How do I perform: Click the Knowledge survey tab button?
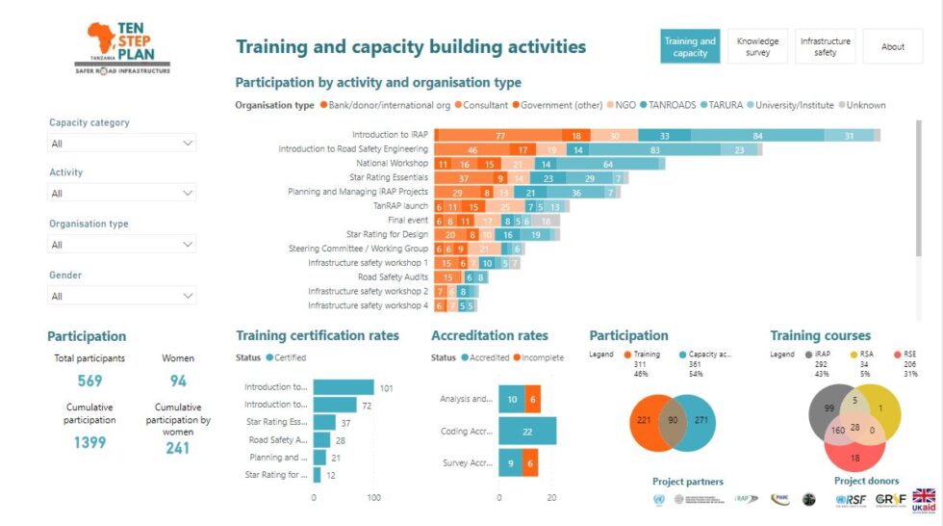[x=757, y=46]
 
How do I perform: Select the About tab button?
[x=892, y=46]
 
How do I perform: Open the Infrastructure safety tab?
[x=825, y=46]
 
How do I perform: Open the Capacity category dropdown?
[x=122, y=144]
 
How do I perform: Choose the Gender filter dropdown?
[x=122, y=296]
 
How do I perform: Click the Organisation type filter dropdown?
[x=122, y=245]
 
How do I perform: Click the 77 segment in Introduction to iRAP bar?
[x=498, y=136]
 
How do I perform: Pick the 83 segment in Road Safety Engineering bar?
[x=653, y=150]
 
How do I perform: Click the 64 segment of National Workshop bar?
[x=608, y=165]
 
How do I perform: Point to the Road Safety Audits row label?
[x=393, y=276]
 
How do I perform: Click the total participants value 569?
[x=89, y=381]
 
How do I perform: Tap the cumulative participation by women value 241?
[x=177, y=447]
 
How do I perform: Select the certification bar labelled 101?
[x=344, y=387]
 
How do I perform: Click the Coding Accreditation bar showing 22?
[x=526, y=432]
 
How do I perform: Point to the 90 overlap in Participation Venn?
[x=672, y=421]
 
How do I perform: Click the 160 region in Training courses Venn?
[x=839, y=429]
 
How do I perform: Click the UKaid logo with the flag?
[x=923, y=500]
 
